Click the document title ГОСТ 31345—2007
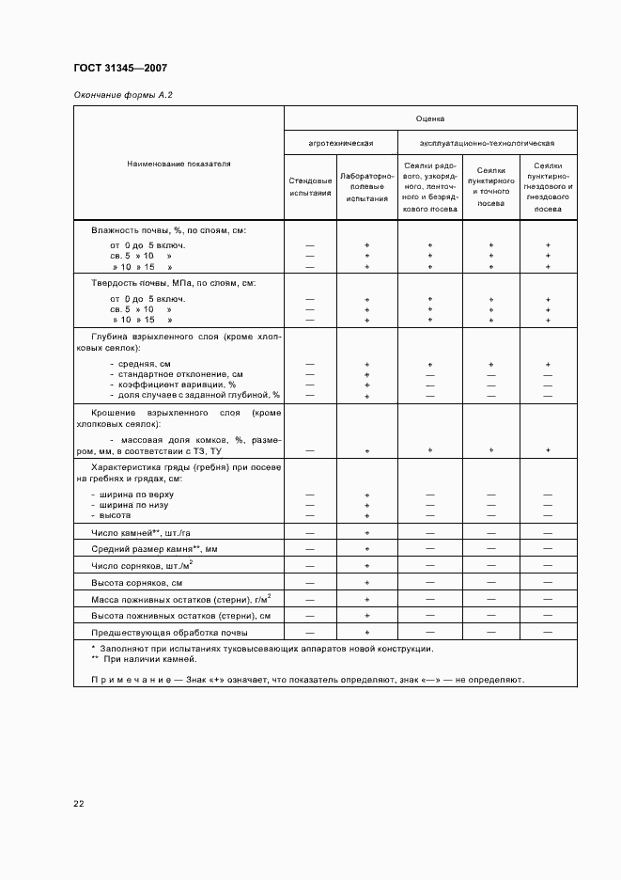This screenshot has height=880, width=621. tap(120, 68)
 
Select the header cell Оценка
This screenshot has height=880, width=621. tap(430, 119)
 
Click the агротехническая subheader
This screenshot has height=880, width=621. tap(341, 143)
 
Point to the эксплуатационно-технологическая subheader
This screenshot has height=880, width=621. tap(487, 143)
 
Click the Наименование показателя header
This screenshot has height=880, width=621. tap(179, 164)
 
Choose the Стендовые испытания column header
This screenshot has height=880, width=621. tap(310, 186)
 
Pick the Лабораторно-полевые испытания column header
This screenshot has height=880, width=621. tap(366, 186)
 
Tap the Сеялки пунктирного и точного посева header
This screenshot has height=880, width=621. tap(490, 186)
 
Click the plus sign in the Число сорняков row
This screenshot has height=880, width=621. tap(367, 565)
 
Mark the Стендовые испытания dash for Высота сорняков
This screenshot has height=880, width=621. tap(310, 582)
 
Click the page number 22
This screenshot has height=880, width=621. tap(79, 804)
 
